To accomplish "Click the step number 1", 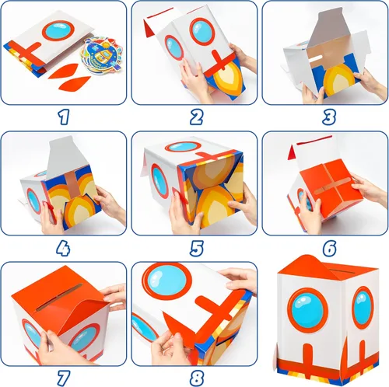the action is (x=64, y=117).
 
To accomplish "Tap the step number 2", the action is (x=197, y=117).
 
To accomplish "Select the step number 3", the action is (x=329, y=117).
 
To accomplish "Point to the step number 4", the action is (x=64, y=248).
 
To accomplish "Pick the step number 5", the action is (x=197, y=248).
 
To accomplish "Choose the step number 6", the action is (x=329, y=248).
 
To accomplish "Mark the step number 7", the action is (x=64, y=378).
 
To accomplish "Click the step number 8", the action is (x=197, y=378).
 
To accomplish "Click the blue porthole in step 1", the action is (x=58, y=30).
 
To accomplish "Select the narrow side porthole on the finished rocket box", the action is (x=363, y=308).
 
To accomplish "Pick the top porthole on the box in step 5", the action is (x=184, y=147).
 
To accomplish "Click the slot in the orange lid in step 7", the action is (x=59, y=297).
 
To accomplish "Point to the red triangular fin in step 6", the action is (x=293, y=153).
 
